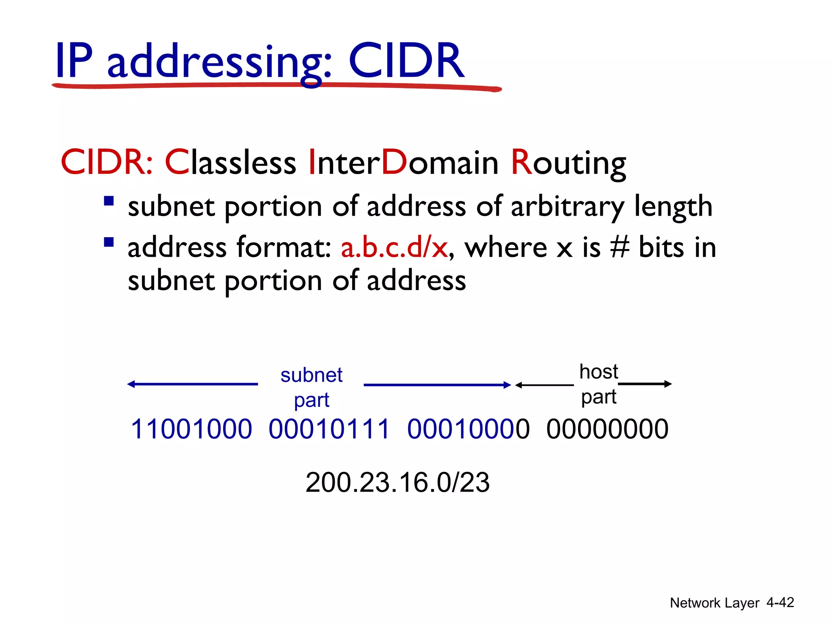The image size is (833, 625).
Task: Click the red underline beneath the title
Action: pos(277,86)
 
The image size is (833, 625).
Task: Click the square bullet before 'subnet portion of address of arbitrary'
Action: pos(109,201)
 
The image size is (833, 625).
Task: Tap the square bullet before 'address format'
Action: pos(109,243)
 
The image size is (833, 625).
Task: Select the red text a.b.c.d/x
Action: pos(394,247)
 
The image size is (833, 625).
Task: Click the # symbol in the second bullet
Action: pos(620,247)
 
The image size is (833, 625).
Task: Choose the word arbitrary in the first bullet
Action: pos(566,207)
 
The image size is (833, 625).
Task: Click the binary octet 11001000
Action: pos(191,429)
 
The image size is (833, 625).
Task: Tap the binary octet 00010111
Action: pos(329,429)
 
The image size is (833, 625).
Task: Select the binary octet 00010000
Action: pos(468,429)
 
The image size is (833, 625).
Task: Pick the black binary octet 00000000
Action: pos(607,429)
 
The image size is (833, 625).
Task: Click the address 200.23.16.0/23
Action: pos(397,483)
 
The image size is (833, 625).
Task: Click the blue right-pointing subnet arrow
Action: pos(437,385)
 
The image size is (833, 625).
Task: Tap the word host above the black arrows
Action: pos(598,372)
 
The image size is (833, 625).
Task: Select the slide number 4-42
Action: pos(780,603)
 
